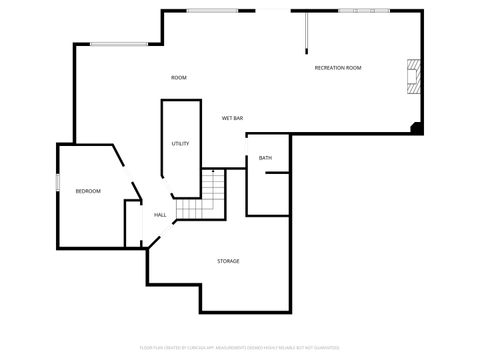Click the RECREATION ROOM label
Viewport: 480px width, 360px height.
[x=338, y=68]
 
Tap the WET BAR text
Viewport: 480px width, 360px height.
[x=234, y=118]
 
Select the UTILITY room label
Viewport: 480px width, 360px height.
[x=180, y=144]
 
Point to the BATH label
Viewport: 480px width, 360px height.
[x=265, y=158]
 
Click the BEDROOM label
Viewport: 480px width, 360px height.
[x=88, y=190]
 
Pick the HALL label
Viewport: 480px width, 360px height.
[x=160, y=215]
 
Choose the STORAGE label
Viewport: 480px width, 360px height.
[x=228, y=261]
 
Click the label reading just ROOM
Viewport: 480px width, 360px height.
[x=179, y=78]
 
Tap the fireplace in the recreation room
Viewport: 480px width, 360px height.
[x=413, y=77]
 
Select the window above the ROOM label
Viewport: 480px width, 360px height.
[x=119, y=43]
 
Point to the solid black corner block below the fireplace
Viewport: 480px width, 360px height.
[x=417, y=127]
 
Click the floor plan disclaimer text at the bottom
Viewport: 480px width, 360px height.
[x=240, y=348]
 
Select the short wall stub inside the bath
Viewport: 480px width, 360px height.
[x=278, y=173]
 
